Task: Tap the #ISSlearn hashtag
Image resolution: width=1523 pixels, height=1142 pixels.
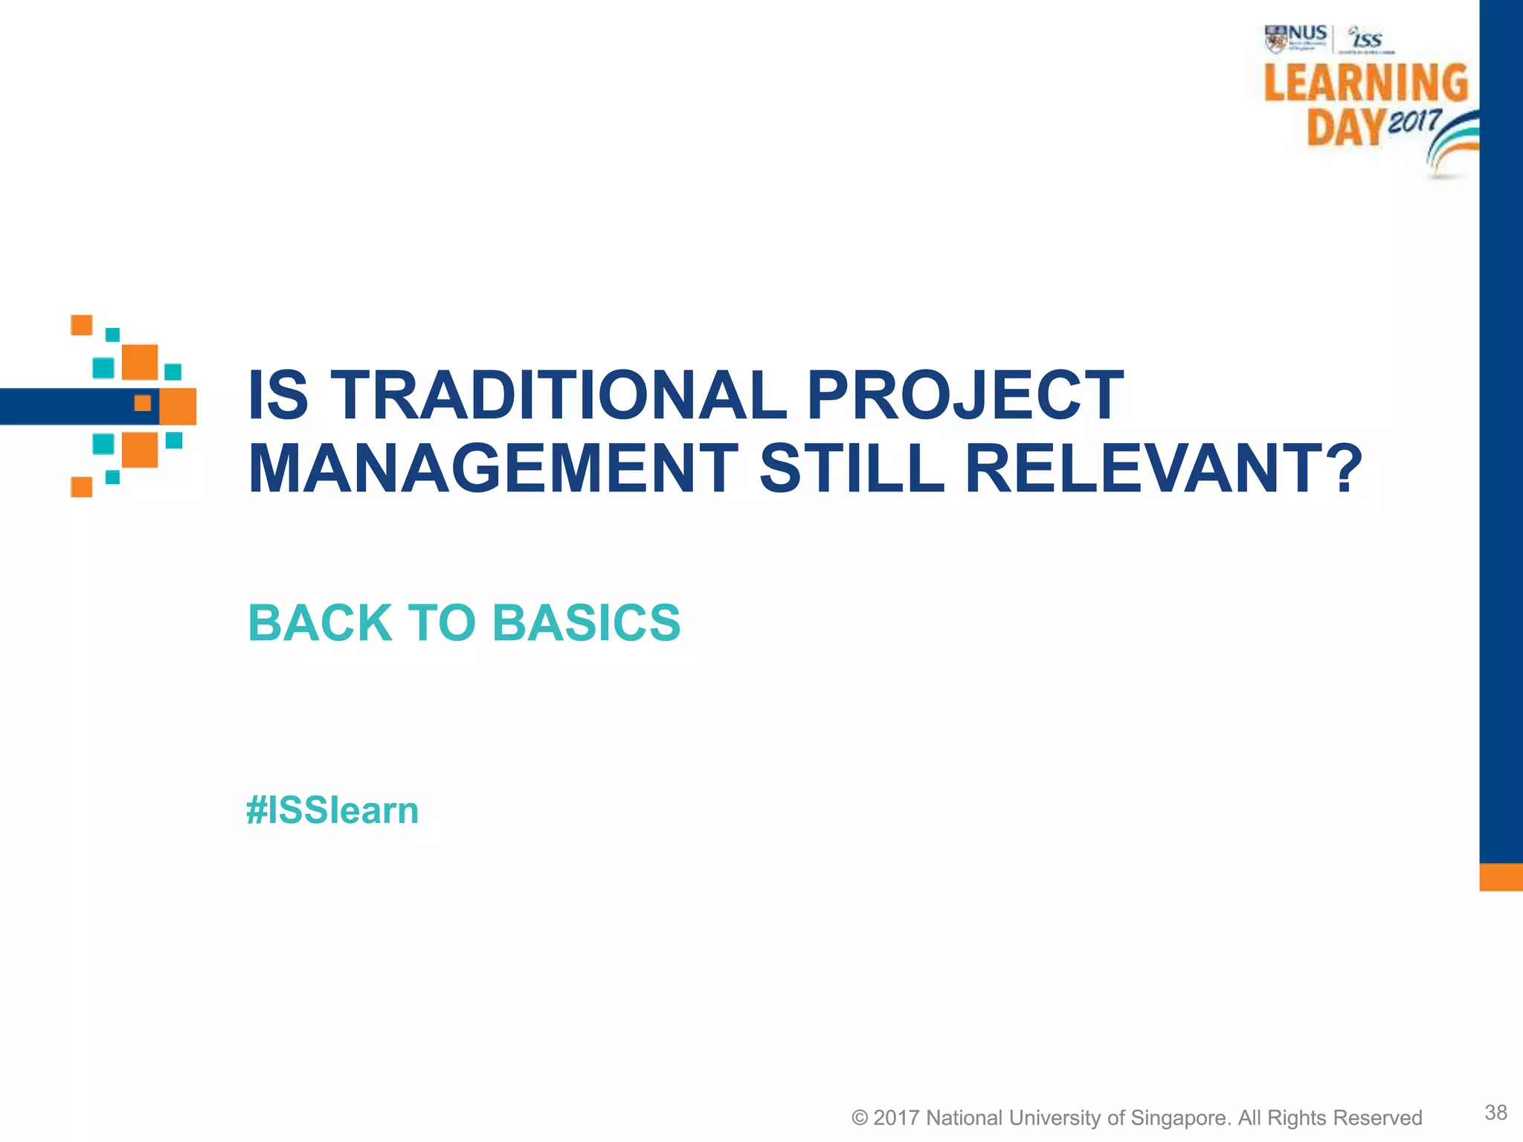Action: tap(332, 810)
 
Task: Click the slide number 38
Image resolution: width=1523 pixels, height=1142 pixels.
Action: tap(1495, 1112)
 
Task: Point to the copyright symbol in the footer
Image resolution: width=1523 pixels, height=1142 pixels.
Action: tap(860, 1118)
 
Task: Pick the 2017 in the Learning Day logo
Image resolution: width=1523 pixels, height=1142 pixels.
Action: tap(1414, 120)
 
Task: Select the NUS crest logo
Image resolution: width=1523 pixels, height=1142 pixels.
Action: tap(1275, 39)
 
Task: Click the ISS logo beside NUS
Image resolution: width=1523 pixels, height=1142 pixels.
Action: tap(1367, 39)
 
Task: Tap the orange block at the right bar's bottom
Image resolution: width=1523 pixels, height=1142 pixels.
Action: tap(1501, 877)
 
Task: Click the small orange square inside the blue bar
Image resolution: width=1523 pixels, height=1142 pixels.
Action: tap(143, 403)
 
